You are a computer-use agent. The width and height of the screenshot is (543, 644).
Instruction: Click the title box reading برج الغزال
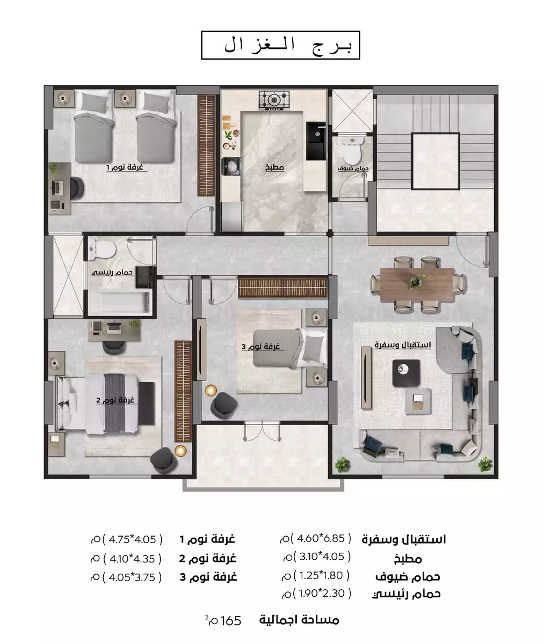(280, 46)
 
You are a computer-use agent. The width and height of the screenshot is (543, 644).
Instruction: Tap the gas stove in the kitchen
(274, 99)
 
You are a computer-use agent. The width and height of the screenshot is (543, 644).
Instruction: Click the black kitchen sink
(316, 141)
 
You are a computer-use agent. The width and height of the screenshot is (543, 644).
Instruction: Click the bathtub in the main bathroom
(119, 304)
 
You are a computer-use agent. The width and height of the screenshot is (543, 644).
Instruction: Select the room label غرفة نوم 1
(125, 167)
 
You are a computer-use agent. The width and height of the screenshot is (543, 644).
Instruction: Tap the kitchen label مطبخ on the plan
(274, 167)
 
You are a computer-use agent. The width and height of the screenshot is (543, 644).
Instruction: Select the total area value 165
(231, 620)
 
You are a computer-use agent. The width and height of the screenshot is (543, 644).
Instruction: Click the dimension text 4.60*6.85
(324, 538)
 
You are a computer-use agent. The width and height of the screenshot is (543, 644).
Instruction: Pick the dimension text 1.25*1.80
(323, 575)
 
